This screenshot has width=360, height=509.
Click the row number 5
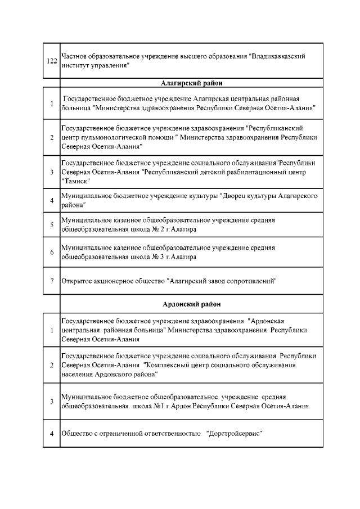point(51,225)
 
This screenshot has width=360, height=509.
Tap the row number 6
point(51,253)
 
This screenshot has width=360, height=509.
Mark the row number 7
point(51,280)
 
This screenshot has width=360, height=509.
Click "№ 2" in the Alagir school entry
point(148,229)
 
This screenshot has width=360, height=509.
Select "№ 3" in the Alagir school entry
point(148,257)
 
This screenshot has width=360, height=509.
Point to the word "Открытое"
point(78,280)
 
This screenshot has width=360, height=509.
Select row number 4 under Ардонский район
point(51,433)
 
